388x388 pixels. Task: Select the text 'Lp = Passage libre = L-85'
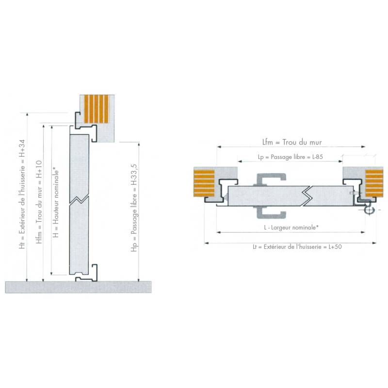(x=290, y=158)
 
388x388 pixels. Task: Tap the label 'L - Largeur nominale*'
(x=290, y=227)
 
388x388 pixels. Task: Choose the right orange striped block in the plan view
(x=374, y=184)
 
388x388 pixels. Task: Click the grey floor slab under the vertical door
(x=78, y=287)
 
